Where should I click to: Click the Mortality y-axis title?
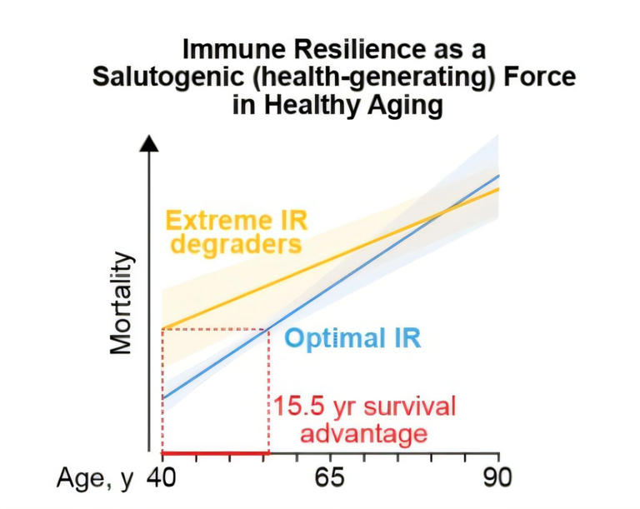(x=122, y=304)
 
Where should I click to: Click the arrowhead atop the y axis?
(x=149, y=142)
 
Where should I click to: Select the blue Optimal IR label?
(x=352, y=339)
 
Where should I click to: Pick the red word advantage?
(x=362, y=433)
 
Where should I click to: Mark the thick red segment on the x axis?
(x=215, y=454)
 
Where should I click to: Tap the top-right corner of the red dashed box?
(x=268, y=329)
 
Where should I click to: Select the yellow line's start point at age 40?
(x=162, y=328)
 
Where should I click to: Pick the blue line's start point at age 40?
(x=162, y=398)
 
